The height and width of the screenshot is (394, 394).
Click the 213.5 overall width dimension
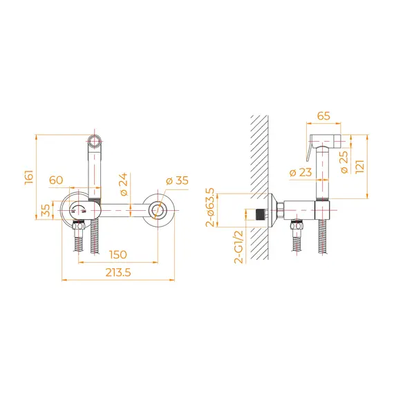point(118,272)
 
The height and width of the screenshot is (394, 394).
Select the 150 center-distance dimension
point(118,255)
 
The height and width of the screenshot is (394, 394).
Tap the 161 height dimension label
point(29,178)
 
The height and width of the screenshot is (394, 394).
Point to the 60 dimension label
point(56,180)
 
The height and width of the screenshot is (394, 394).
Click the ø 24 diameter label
point(124,185)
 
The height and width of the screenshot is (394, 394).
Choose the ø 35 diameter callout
point(177,180)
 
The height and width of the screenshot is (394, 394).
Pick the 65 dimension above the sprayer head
point(323,116)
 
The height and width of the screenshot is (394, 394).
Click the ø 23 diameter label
point(301,172)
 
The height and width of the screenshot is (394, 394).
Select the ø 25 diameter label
point(344,162)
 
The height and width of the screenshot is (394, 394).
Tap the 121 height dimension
point(360,167)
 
